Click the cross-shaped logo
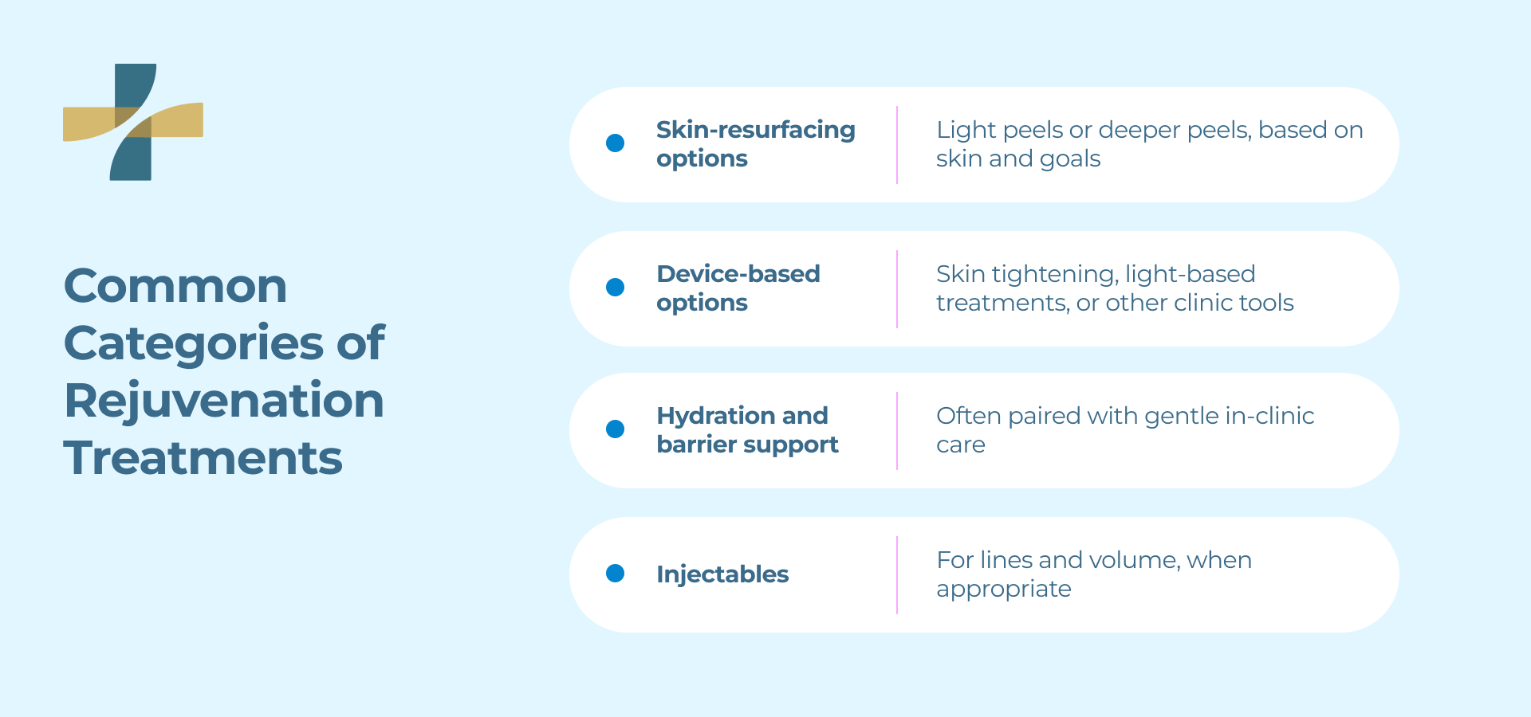(132, 122)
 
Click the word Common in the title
(175, 286)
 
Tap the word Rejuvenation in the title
(224, 401)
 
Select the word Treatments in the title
(203, 458)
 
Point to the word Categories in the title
(194, 343)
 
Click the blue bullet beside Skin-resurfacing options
(615, 143)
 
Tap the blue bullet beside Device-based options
(615, 288)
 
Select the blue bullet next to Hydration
(615, 429)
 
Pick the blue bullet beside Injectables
(615, 574)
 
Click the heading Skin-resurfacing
(755, 130)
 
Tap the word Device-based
(738, 274)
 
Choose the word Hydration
(715, 416)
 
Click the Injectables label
(722, 574)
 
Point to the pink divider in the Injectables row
(897, 574)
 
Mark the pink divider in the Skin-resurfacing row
(897, 145)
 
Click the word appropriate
(1003, 590)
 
